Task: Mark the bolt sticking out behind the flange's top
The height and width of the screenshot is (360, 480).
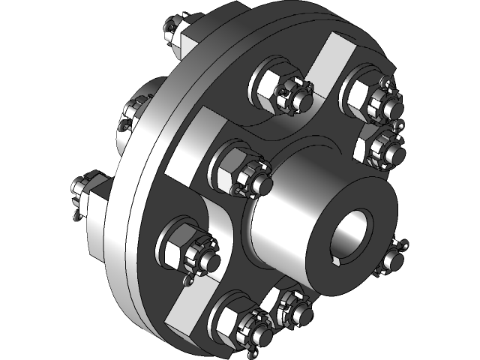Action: coord(177,33)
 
